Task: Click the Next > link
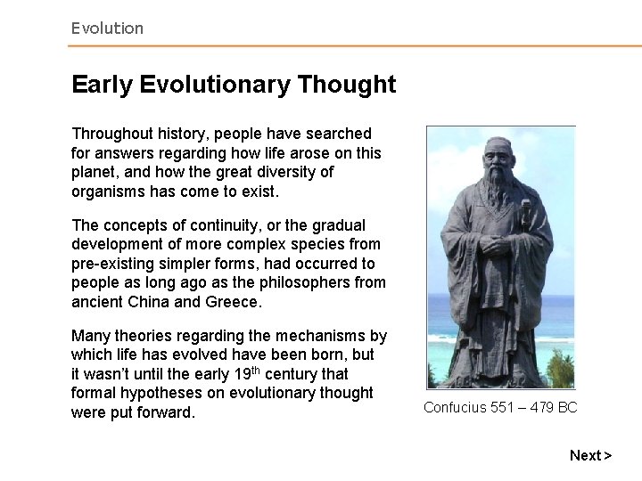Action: [590, 455]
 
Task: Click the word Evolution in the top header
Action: [107, 29]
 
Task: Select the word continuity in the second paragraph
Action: [220, 225]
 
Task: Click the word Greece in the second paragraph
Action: [234, 302]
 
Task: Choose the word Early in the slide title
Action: [101, 85]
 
